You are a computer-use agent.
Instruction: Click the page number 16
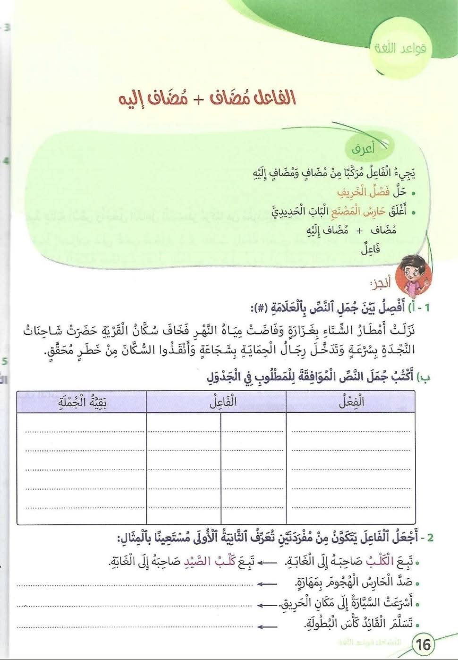click(424, 644)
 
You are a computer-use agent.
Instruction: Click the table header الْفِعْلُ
click(351, 403)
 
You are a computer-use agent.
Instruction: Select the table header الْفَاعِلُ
click(223, 403)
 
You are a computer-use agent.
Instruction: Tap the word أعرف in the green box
click(363, 150)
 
